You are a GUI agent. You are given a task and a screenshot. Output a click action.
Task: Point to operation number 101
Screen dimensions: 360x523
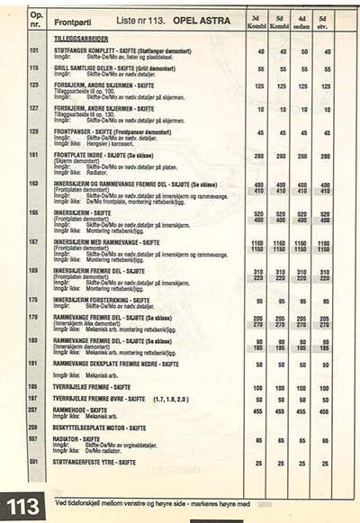(36, 52)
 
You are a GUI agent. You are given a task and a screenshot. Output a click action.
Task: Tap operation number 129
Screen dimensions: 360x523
(36, 131)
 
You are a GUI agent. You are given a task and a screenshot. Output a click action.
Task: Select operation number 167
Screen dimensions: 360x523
(36, 241)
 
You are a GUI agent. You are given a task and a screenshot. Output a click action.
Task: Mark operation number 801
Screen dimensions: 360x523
(36, 462)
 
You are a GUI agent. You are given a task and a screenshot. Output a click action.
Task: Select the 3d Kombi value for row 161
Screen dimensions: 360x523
(257, 155)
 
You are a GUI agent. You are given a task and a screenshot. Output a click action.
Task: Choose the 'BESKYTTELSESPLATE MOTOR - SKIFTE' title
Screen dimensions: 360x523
(103, 427)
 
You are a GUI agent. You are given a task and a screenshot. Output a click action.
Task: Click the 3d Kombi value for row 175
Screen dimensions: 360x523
(257, 302)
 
